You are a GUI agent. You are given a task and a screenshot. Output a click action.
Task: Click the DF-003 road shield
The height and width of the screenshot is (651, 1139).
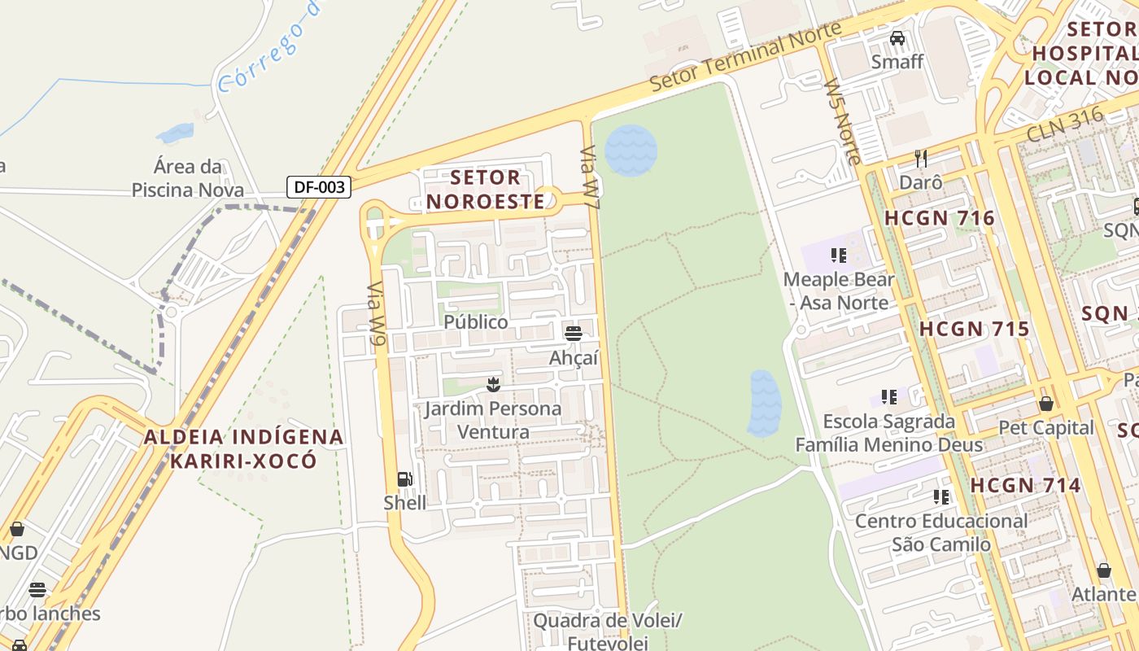320,187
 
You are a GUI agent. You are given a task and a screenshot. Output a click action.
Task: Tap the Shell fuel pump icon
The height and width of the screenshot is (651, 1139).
404,479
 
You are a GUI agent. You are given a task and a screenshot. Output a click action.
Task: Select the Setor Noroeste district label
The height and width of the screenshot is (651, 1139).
486,189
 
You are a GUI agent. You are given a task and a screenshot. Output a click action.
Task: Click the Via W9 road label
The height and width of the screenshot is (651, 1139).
375,315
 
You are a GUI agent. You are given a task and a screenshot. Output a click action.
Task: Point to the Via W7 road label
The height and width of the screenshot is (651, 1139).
590,179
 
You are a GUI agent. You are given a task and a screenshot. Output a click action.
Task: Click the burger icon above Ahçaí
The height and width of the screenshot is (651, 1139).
574,333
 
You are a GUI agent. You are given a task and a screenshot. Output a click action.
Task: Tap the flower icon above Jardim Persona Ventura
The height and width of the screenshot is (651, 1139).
493,383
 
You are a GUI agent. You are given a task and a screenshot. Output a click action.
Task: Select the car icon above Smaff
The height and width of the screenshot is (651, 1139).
897,38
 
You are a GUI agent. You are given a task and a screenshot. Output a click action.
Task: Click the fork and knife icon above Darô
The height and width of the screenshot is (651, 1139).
921,158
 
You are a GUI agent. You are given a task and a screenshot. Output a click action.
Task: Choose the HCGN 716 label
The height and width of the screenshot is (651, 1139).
940,218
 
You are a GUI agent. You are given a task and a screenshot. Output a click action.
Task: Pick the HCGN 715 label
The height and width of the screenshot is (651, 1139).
975,330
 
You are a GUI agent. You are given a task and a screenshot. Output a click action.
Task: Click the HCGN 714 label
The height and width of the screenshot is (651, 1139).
1025,486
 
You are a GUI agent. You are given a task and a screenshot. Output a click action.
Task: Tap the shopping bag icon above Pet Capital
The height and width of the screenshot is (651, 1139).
1046,404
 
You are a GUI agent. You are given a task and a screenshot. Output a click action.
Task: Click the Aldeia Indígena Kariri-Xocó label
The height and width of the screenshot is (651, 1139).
243,448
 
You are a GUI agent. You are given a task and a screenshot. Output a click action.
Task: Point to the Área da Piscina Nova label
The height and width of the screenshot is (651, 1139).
188,178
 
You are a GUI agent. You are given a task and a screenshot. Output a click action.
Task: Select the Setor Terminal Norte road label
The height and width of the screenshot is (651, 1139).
746,57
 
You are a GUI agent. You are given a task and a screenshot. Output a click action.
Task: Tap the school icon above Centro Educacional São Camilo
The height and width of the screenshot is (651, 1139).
941,496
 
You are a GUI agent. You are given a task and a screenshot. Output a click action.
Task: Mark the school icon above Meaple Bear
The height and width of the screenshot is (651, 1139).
839,256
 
